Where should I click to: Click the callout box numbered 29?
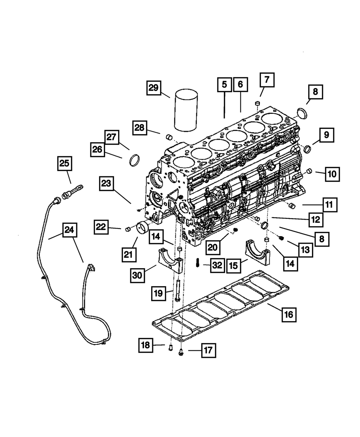click(154, 88)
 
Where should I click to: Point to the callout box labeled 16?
click(289, 315)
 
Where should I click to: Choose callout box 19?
click(158, 294)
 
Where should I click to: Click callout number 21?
click(129, 254)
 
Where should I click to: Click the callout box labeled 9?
click(326, 135)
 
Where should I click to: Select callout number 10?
click(332, 174)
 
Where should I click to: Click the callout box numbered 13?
click(305, 249)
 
